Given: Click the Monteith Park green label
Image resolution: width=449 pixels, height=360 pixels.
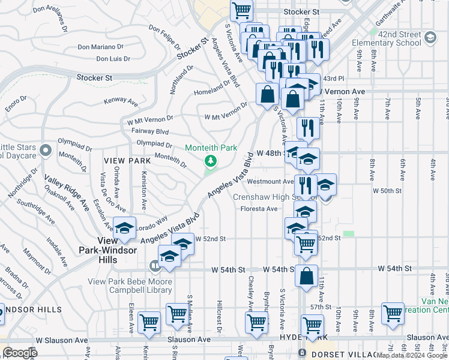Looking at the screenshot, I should (211, 148).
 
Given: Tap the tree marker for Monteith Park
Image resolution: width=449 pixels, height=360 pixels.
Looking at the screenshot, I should (210, 161).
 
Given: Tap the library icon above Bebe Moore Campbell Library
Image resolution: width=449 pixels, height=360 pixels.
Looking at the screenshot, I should (155, 265).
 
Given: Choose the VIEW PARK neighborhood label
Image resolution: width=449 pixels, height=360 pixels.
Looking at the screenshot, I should (127, 161).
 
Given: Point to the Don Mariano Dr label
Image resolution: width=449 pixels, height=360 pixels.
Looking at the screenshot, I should (100, 46).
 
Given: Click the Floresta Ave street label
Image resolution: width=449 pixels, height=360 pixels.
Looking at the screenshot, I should (259, 209).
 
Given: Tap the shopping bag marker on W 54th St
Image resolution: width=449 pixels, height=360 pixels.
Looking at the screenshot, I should (306, 276).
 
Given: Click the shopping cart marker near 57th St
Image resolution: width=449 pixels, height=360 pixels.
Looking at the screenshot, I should (393, 313).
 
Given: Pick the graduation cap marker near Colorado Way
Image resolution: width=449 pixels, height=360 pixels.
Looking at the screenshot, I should (124, 228).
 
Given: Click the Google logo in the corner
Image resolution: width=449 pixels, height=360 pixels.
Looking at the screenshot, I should (20, 353).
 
